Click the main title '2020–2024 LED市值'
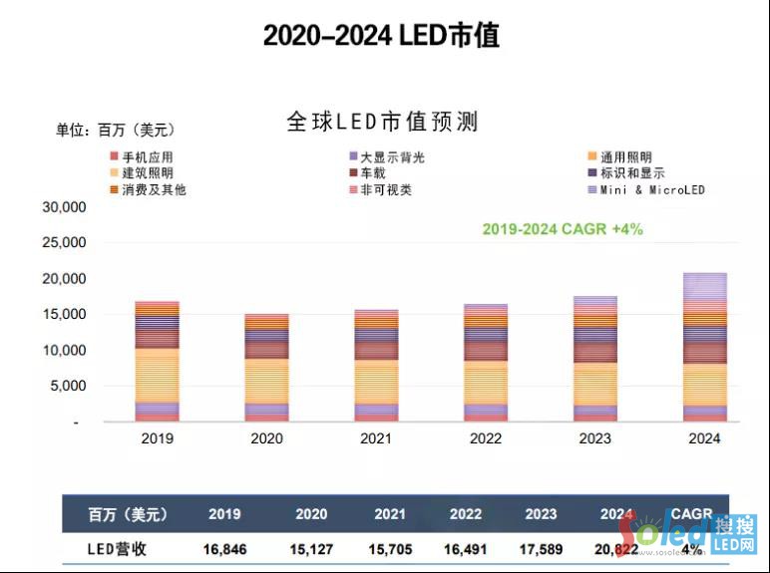coord(381,36)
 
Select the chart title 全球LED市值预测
coord(383,122)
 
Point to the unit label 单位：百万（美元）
coord(115,130)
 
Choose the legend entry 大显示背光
coord(392,157)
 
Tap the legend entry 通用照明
coord(626,157)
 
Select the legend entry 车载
coord(375,173)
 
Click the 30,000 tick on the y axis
coord(65,207)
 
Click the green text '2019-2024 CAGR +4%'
coord(563,228)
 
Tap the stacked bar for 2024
coord(703,347)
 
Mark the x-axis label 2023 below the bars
coord(594,437)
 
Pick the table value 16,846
coord(224,549)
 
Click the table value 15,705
coord(390,549)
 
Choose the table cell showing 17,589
coord(542,549)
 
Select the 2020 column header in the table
coord(311,514)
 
